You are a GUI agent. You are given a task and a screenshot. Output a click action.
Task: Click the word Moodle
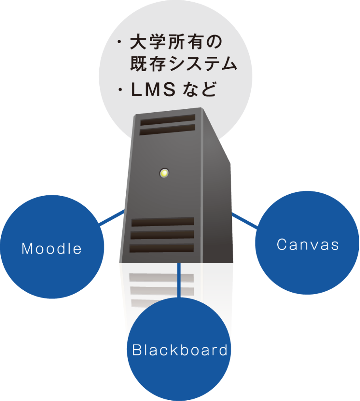[x=52, y=248]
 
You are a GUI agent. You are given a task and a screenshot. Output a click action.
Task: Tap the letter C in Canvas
[x=282, y=244]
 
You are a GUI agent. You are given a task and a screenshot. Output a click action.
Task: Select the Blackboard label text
[x=180, y=350]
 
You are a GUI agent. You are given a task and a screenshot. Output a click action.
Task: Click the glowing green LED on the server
[x=164, y=173]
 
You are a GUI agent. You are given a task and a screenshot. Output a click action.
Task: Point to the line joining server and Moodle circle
[x=112, y=218]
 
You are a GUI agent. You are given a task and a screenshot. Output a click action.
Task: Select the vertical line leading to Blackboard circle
[x=179, y=279]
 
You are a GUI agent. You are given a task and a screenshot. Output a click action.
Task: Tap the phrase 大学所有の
[x=176, y=43]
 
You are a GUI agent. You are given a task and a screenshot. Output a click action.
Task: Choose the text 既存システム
[x=184, y=64]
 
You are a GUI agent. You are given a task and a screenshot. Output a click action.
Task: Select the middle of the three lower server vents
[x=162, y=235]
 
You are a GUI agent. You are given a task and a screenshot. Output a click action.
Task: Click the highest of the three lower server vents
[x=163, y=221]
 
